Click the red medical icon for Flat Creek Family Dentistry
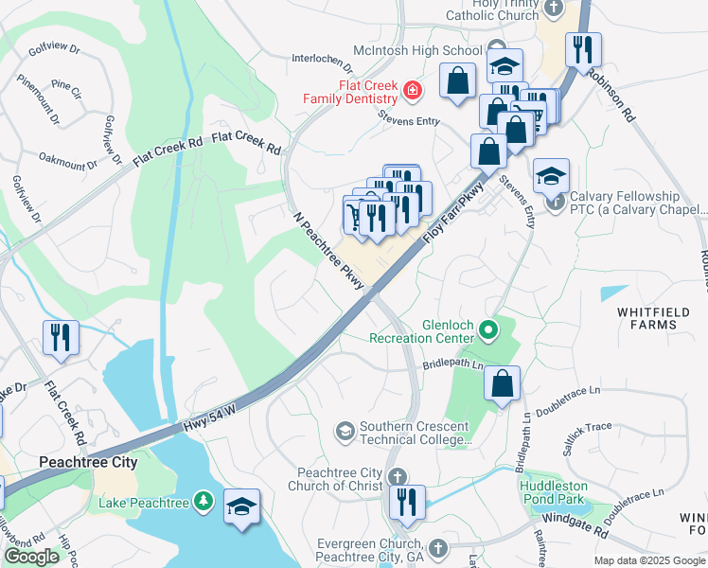pos(413,91)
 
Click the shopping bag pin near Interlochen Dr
pos(458,80)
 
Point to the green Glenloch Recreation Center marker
pos(488,330)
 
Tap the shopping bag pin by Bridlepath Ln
pos(503,383)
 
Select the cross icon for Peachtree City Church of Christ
pos(398,475)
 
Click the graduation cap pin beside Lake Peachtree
pos(242,507)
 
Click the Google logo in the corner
pos(32,557)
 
